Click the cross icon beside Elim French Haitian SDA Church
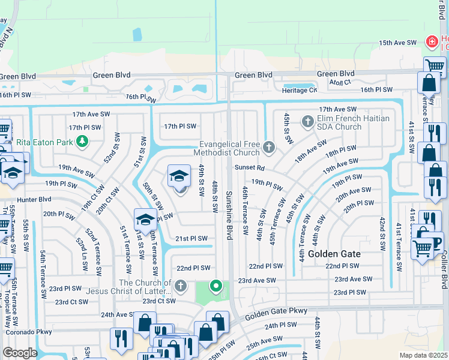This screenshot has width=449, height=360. pyautogui.click(x=307, y=122)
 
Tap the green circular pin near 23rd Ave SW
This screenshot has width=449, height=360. pyautogui.click(x=217, y=286)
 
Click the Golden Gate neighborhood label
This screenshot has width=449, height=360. pyautogui.click(x=334, y=254)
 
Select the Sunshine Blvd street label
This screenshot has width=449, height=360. pyautogui.click(x=229, y=216)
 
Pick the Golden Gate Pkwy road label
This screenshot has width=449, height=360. pyautogui.click(x=276, y=311)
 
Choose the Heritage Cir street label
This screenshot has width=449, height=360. pyautogui.click(x=304, y=90)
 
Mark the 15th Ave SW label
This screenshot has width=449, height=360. pyautogui.click(x=397, y=43)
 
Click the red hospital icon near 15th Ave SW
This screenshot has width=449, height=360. pyautogui.click(x=430, y=42)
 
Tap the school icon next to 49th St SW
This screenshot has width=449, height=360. pyautogui.click(x=178, y=176)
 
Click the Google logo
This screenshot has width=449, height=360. pyautogui.click(x=20, y=353)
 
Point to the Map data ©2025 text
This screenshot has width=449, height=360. pyautogui.click(x=423, y=355)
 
